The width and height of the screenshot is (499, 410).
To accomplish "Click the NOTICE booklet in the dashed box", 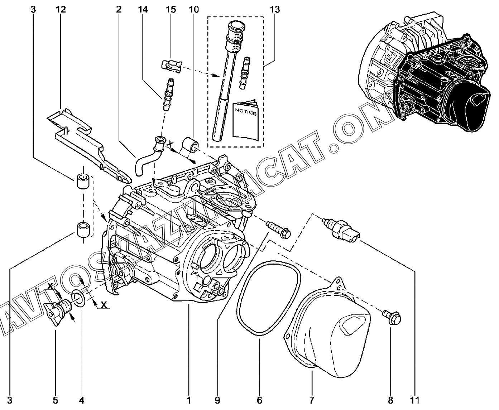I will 245,120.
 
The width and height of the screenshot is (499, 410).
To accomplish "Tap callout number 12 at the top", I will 61,9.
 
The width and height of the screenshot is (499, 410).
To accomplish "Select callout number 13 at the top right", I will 275,9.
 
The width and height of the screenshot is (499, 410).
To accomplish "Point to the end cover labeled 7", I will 330,333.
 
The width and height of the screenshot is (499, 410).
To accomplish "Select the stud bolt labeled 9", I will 279,230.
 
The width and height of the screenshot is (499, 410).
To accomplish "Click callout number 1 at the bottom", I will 189,400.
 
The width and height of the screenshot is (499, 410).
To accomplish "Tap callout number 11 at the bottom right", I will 416,400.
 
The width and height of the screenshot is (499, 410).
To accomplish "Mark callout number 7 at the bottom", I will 311,400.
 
